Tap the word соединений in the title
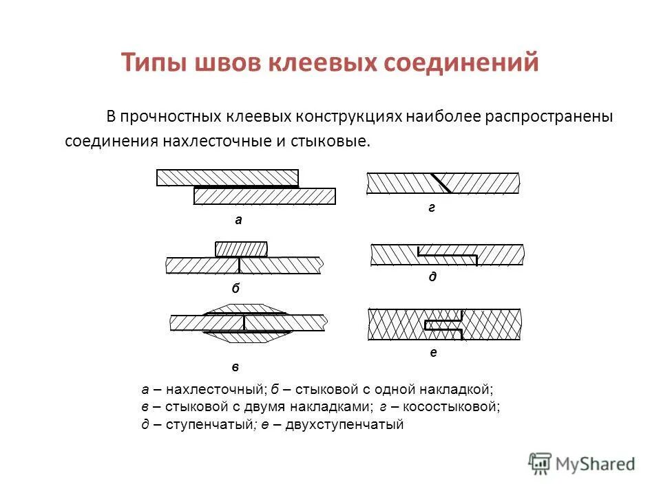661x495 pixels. click(461, 63)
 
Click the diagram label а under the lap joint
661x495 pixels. click(238, 220)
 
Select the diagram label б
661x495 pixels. click(235, 289)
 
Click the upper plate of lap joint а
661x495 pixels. click(227, 177)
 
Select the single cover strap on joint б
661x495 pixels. click(241, 248)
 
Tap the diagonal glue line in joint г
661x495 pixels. click(441, 183)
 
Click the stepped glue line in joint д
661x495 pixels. click(448, 256)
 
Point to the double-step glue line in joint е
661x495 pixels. click(445, 324)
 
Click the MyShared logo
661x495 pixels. click(582, 463)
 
